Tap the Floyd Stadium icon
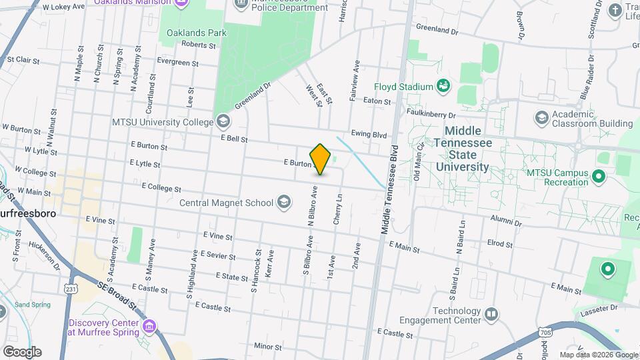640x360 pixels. coord(442,86)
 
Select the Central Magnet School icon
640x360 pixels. coord(284,202)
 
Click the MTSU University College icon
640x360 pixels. coord(223,121)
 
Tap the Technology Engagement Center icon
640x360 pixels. coord(491,314)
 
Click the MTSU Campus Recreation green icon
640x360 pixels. coord(598,177)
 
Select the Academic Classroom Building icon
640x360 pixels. coord(541,118)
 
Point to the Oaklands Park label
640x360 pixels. coord(197,33)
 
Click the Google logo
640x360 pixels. coord(22,351)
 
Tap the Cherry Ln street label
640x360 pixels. coord(339,209)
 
